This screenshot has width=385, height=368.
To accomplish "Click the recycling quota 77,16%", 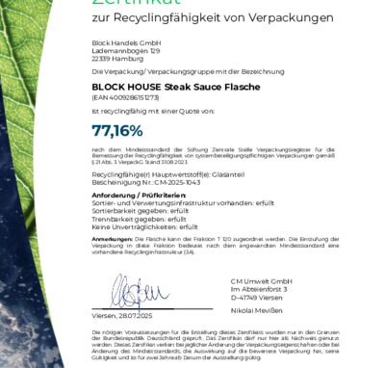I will [x=116, y=130].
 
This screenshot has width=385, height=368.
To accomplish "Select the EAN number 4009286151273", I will [x=139, y=97].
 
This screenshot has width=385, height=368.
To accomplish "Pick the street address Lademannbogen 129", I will [x=120, y=51].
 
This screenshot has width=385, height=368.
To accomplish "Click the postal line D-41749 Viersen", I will [x=252, y=295].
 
